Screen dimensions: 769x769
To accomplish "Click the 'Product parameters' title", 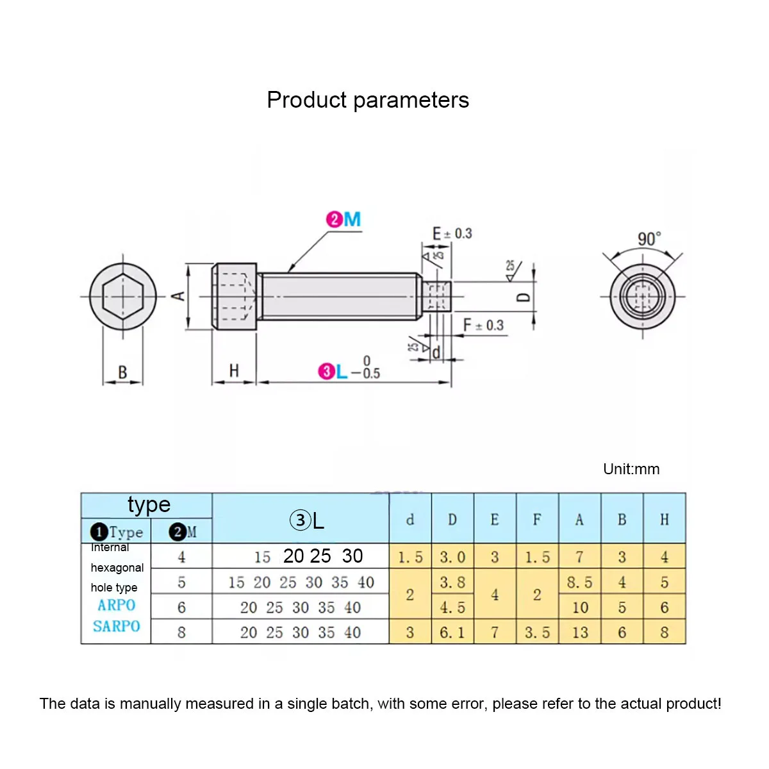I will point(368,100).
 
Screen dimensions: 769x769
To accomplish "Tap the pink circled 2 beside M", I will point(335,220).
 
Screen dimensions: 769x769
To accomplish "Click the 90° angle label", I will point(649,240).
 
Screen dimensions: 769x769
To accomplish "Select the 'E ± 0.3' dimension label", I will point(452,233).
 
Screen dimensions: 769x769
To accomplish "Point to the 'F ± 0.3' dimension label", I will point(484,326).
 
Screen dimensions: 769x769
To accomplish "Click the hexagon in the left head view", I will point(122,297).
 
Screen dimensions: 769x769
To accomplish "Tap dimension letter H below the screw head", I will point(234,370).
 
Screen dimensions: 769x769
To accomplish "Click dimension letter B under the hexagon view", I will point(122,372).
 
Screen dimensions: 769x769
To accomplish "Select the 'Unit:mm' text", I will point(631,469).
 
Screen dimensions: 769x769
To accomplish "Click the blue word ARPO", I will point(117,605).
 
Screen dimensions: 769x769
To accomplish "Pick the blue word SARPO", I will point(117,626).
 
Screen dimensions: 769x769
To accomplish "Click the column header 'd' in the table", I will point(410,520).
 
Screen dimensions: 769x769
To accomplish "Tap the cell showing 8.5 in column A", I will point(579,583).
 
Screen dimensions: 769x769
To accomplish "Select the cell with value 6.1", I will point(452,633).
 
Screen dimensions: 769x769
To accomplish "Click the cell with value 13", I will point(579,633).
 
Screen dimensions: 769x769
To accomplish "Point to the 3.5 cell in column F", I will point(537,633).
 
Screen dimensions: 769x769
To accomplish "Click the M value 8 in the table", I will point(181,633).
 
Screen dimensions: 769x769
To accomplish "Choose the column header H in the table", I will point(665,520).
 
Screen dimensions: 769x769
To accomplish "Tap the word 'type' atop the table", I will point(149,505).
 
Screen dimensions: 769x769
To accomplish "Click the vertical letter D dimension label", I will point(524,297).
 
